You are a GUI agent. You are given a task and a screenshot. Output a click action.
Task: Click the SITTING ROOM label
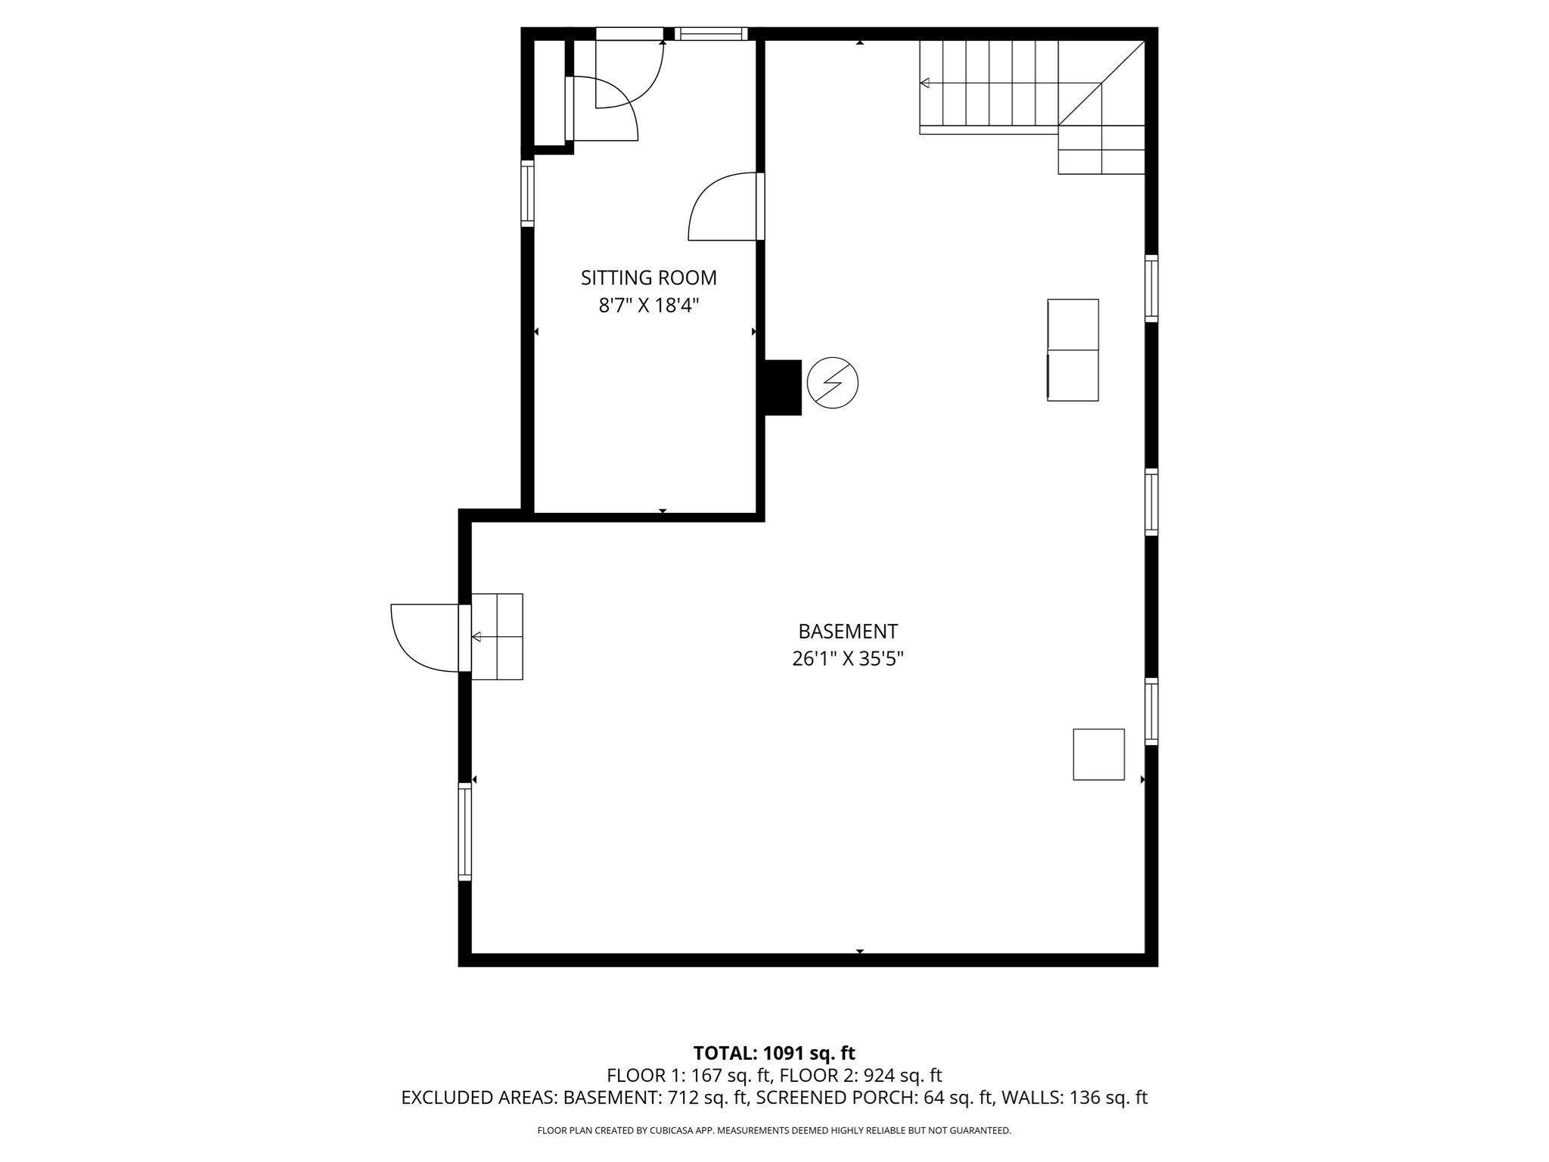648,278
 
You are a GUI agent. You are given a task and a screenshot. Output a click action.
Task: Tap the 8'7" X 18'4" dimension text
648,306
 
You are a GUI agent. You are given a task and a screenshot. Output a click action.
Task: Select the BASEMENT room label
848,631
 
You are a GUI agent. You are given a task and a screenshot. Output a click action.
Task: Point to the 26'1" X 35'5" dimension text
848,659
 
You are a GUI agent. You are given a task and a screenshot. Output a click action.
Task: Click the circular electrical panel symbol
832,383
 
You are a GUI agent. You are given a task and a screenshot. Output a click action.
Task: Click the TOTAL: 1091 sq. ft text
774,1053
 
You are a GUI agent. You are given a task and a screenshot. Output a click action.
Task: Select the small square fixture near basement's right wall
1098,754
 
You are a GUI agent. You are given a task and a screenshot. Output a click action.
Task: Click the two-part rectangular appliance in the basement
1073,350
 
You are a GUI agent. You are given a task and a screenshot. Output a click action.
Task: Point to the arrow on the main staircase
925,83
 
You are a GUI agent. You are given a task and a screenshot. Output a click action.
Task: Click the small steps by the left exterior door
497,636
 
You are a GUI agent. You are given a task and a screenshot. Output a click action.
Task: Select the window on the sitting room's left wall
527,193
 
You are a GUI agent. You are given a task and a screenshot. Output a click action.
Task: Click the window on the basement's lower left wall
464,832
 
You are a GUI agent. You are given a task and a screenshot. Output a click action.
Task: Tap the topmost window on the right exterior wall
1150,288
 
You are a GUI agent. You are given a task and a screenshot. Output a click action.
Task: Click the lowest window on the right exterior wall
1150,711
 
